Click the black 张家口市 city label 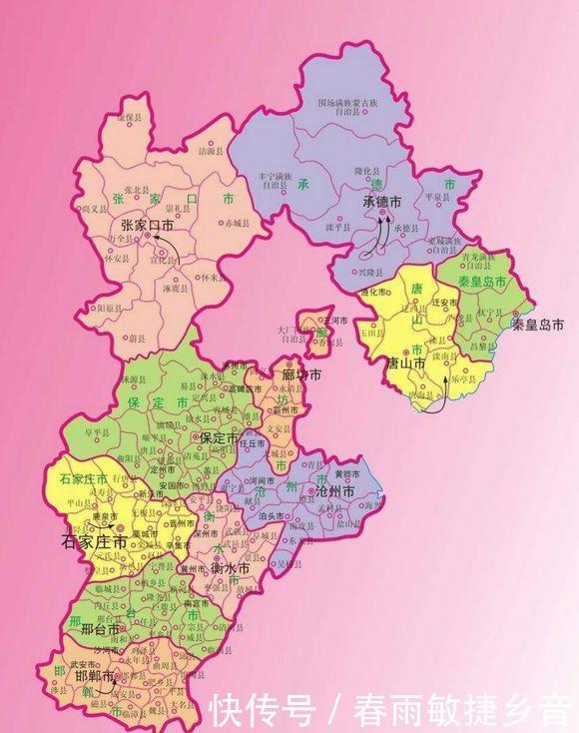click(147, 225)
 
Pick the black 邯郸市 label click(93, 676)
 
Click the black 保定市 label click(218, 438)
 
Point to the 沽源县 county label click(213, 152)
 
